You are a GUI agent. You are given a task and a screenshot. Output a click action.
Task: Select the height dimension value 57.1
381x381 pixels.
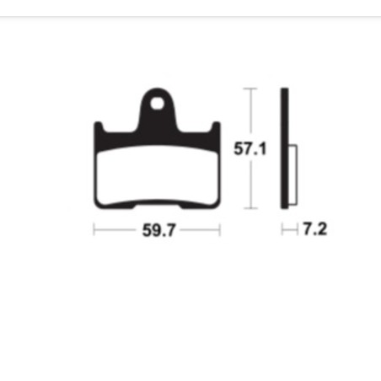250,150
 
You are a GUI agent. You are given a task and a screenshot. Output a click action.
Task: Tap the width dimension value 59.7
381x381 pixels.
158,230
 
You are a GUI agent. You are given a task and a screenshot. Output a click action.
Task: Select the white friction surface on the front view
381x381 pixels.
157,173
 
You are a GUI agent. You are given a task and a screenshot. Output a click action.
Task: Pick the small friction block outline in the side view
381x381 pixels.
292,175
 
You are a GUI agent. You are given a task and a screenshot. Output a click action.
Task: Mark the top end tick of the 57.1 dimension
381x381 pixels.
250,88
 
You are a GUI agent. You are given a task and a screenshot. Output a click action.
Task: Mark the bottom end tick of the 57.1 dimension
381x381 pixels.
250,208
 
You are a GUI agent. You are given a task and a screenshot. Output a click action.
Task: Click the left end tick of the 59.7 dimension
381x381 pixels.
94,230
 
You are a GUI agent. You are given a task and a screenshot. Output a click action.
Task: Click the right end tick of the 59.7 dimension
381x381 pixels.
220,230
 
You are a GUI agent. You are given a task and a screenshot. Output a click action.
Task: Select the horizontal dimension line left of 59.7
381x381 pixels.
114,230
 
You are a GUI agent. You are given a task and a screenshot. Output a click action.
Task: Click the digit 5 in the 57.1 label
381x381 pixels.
239,150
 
